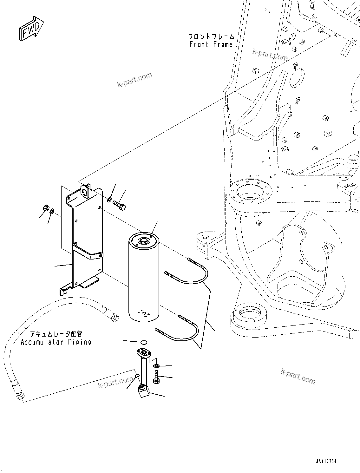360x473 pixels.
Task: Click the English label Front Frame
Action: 211,45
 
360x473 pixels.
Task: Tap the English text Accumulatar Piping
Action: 56,342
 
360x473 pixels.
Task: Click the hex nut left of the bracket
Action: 45,208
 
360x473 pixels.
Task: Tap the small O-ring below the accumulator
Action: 144,342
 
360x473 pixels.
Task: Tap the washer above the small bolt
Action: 156,366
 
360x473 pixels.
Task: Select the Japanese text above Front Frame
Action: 211,37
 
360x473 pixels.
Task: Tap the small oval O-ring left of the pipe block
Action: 137,376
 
